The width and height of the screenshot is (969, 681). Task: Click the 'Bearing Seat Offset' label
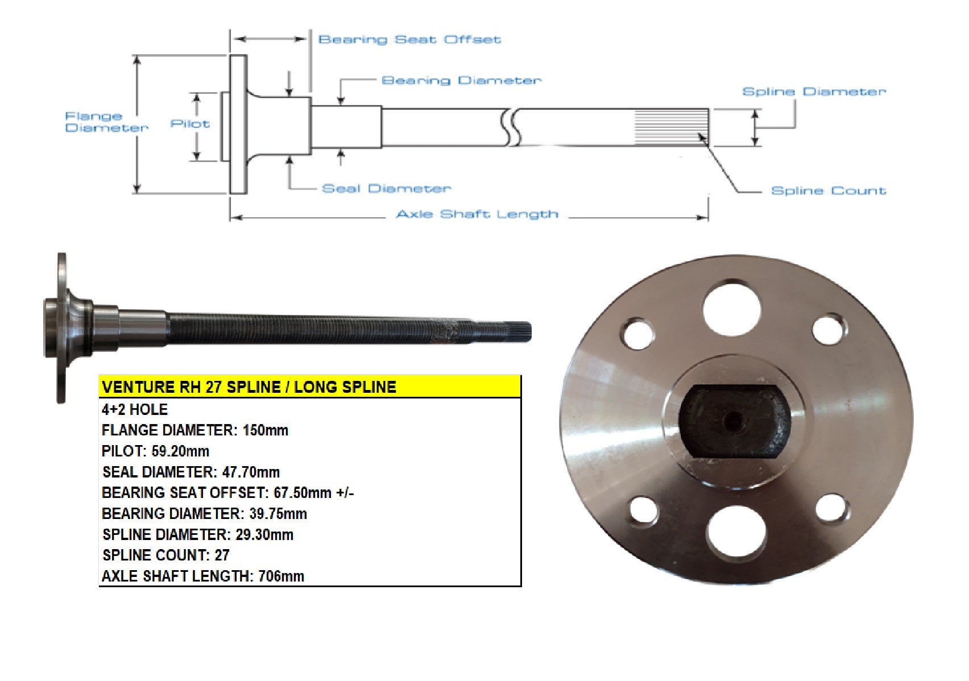pos(409,40)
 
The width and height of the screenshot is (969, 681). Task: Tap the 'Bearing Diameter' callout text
pos(461,80)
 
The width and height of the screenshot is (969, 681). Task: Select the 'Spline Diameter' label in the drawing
pos(814,92)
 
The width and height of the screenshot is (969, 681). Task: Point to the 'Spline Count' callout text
pos(829,190)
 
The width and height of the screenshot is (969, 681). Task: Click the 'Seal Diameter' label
pos(386,189)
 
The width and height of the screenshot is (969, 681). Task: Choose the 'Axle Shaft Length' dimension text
pos(477,214)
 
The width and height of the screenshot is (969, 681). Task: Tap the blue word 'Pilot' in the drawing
pos(190,124)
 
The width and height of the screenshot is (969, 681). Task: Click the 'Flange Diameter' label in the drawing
pos(106,122)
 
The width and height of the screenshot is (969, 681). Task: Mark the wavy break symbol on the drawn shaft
pos(511,127)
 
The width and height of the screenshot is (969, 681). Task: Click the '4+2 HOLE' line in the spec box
pos(135,409)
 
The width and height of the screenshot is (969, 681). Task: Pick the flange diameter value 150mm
pos(266,430)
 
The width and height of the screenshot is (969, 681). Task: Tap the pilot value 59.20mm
pos(180,451)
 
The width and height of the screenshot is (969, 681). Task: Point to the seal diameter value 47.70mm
pos(251,472)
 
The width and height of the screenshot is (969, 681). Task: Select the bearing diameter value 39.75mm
pos(278,514)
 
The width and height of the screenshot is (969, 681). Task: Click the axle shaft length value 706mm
pos(281,576)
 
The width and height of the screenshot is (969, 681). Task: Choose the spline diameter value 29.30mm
pos(264,534)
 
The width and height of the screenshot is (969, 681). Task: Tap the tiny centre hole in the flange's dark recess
pos(732,420)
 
